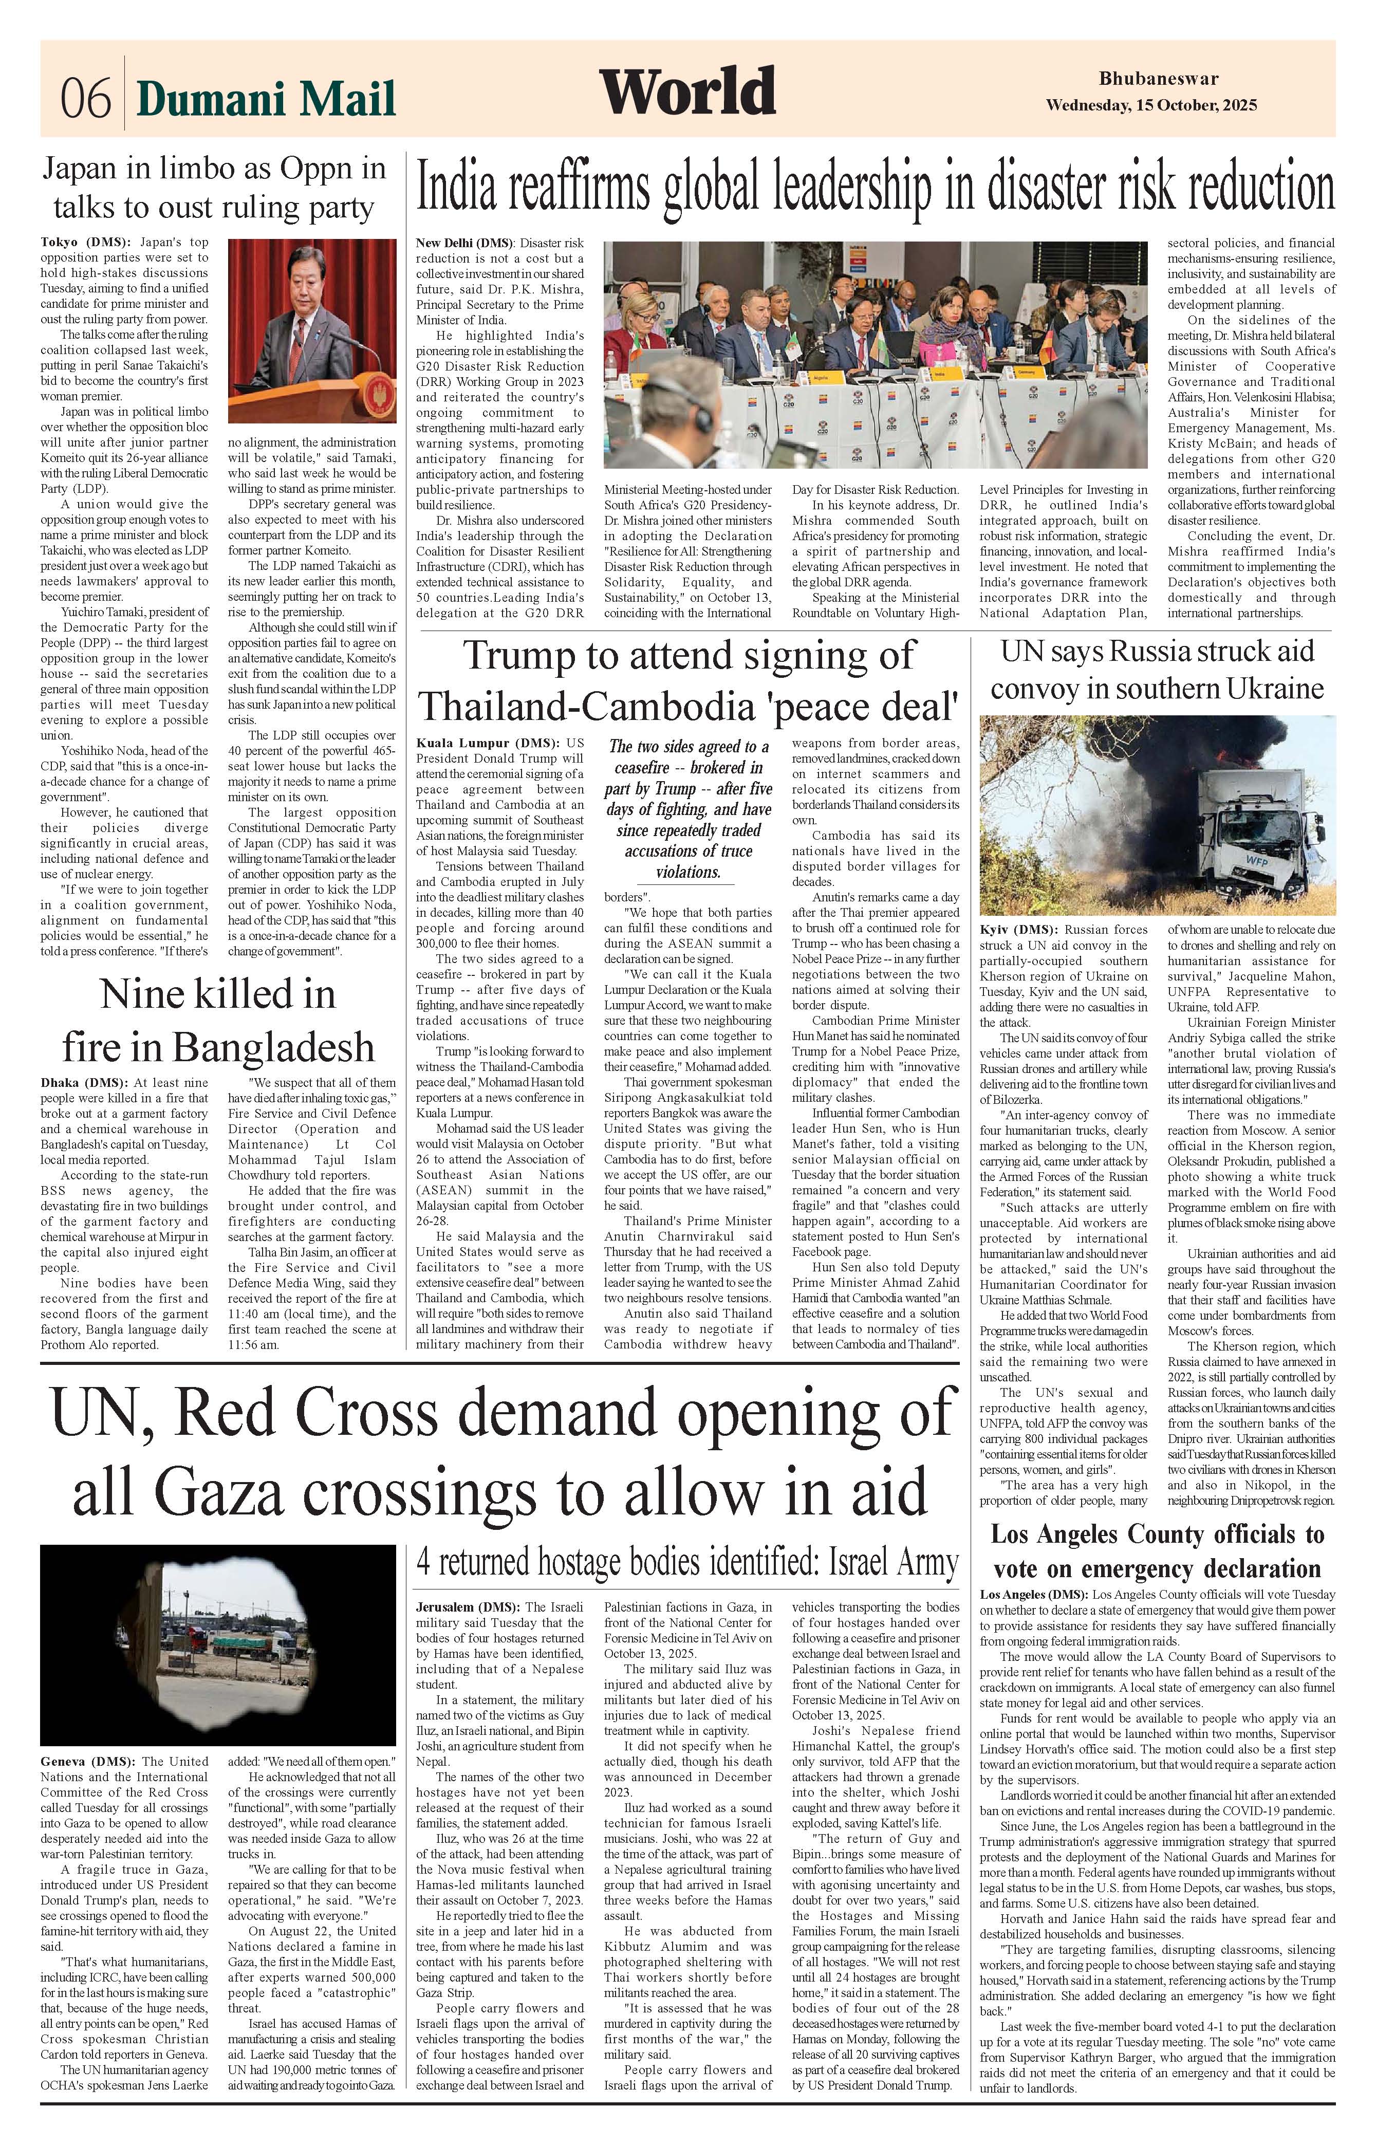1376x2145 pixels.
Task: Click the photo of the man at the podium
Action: pyautogui.click(x=312, y=330)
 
